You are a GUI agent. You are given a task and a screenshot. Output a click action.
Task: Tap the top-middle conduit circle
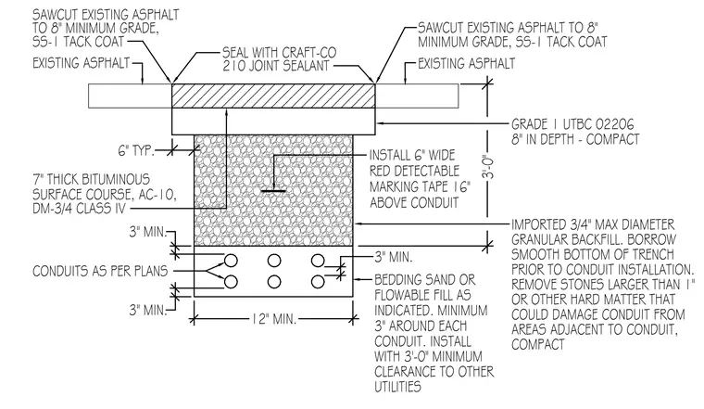click(274, 261)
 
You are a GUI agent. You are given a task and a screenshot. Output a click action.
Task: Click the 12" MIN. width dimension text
click(273, 320)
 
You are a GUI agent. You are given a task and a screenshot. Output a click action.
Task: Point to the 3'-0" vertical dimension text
click(488, 167)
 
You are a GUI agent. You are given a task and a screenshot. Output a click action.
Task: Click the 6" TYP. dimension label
click(136, 150)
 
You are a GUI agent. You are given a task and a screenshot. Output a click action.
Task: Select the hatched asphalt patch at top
click(273, 96)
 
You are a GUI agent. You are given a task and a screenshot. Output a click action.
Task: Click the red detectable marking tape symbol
click(273, 191)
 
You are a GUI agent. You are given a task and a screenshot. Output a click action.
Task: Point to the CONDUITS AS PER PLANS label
click(100, 271)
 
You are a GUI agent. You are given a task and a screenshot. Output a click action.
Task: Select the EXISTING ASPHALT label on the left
click(82, 63)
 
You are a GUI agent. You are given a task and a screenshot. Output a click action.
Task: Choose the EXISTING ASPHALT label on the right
click(467, 64)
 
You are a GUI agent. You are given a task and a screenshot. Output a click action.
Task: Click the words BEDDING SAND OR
click(425, 280)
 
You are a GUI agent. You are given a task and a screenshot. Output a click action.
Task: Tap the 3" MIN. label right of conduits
click(394, 257)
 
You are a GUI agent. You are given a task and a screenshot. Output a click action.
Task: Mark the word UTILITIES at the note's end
click(397, 387)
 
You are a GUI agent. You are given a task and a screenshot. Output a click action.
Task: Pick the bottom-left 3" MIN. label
click(147, 310)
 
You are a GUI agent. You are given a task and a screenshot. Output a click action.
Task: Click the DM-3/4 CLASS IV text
click(79, 209)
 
